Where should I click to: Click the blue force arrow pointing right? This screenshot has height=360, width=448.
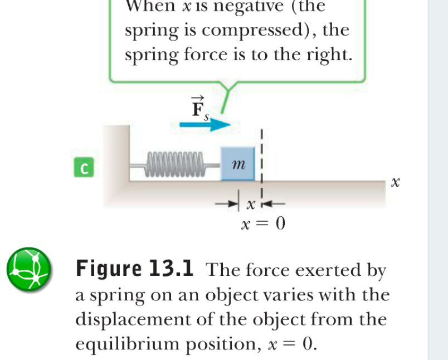pyautogui.click(x=205, y=125)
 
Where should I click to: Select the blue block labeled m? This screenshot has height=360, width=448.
pyautogui.click(x=238, y=163)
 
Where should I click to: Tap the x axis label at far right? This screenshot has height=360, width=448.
pyautogui.click(x=396, y=182)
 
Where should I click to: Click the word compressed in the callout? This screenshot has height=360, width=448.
pyautogui.click(x=252, y=31)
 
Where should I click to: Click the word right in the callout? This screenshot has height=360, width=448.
pyautogui.click(x=328, y=56)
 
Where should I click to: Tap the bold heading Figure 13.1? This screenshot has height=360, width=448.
pyautogui.click(x=135, y=270)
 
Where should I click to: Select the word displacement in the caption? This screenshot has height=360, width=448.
pyautogui.click(x=132, y=320)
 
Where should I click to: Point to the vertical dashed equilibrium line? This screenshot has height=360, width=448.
pyautogui.click(x=261, y=159)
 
